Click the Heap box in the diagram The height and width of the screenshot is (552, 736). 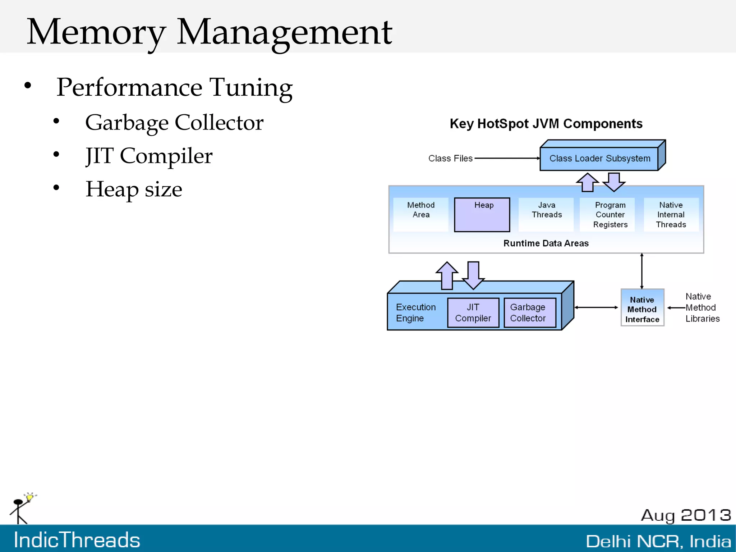click(482, 215)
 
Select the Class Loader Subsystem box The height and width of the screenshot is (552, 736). click(599, 159)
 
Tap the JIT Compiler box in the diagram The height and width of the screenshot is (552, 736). click(473, 313)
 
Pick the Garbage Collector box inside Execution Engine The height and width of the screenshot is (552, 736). click(529, 313)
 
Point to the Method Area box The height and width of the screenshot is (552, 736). click(421, 214)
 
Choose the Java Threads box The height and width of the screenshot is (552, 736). click(546, 214)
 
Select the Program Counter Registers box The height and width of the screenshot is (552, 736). click(610, 215)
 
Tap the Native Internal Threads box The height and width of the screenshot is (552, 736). click(671, 215)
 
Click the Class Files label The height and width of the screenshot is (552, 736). click(450, 159)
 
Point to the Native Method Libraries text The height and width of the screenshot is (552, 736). click(702, 308)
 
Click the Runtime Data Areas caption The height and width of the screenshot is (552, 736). click(546, 243)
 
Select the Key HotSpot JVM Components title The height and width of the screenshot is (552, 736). click(546, 124)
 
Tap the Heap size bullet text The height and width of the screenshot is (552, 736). click(134, 190)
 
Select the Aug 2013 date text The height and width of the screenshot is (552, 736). click(686, 515)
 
